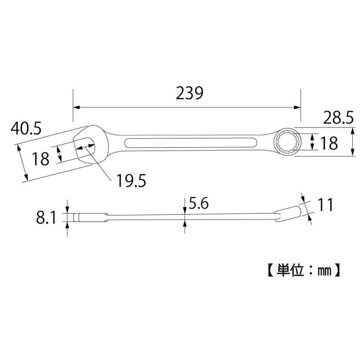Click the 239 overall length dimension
tap(190, 93)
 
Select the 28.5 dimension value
tap(338, 118)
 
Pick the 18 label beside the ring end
tap(329, 142)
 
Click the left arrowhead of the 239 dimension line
tap(76, 107)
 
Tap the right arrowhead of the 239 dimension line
tap(298, 107)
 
